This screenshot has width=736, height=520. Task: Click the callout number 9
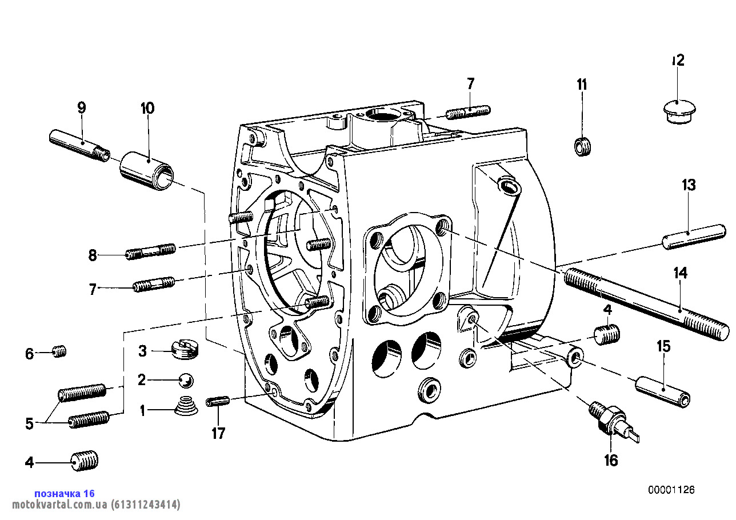click(81, 107)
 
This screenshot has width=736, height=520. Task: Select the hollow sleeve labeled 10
click(146, 169)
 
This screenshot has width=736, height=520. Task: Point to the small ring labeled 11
click(582, 147)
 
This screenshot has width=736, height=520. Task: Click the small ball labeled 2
click(186, 379)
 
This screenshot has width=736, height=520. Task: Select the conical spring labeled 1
click(186, 406)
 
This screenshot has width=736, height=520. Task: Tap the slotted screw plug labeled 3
click(184, 349)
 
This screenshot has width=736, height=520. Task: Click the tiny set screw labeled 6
click(60, 351)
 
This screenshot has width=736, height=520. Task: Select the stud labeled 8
click(150, 251)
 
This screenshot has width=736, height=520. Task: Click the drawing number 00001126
click(671, 490)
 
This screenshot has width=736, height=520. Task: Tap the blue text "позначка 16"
click(65, 493)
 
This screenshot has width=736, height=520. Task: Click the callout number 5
click(30, 423)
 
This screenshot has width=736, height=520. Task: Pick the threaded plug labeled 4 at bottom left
click(84, 460)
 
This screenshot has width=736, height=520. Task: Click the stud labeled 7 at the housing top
click(467, 112)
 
